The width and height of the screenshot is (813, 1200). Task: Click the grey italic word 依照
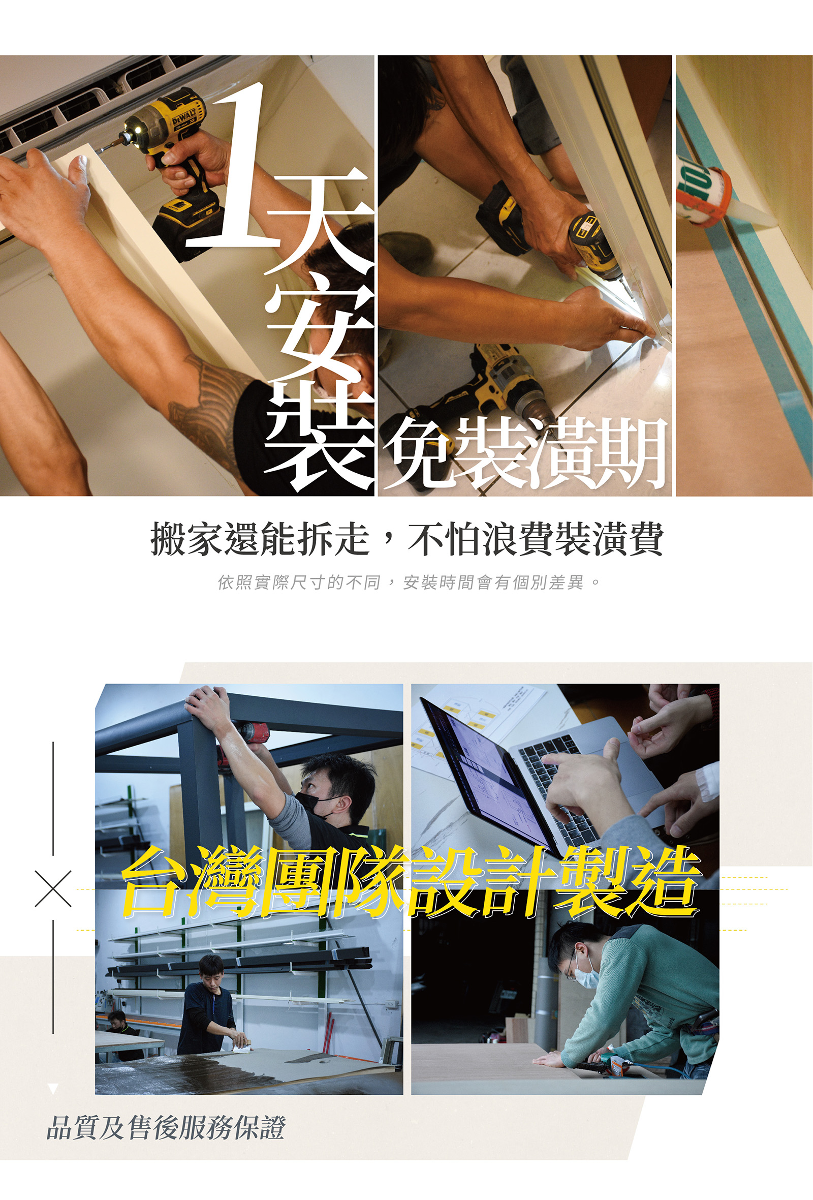coord(234,582)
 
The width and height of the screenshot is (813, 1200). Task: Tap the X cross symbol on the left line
coord(53,888)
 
